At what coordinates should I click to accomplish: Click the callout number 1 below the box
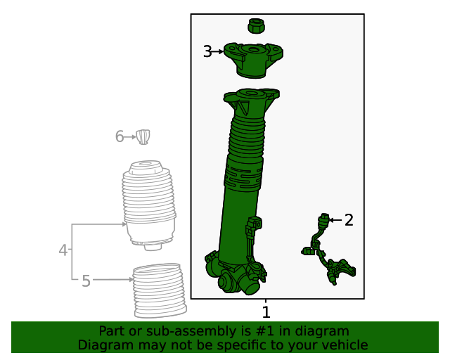point(266,311)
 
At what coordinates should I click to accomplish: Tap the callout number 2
point(348,221)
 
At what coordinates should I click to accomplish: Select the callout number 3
point(207,51)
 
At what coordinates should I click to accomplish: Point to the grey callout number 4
point(63,250)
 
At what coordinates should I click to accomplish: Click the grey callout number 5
point(86,281)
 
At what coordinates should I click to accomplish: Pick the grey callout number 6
point(120,136)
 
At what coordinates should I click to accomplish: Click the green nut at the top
point(256,27)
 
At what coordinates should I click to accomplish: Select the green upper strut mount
point(254,59)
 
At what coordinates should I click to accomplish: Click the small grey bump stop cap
point(144,136)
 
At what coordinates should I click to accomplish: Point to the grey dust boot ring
point(158,290)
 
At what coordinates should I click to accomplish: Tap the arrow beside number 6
point(131,136)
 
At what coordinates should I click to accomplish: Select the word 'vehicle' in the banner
point(345,345)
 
